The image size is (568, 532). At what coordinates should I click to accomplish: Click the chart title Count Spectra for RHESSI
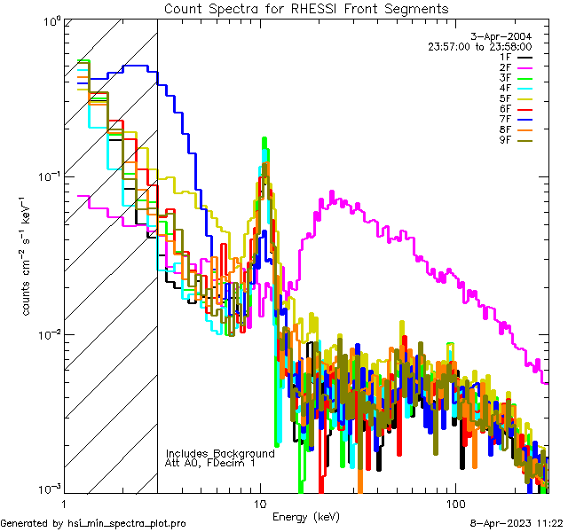pos(306,9)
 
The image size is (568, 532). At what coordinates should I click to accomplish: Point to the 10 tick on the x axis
pos(260,503)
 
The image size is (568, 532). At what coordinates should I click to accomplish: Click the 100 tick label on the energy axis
pos(454,503)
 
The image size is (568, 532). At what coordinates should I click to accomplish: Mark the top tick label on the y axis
pos(50,20)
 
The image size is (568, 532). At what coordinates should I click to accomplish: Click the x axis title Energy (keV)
pos(305,515)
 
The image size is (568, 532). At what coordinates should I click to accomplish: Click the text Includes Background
pos(220,453)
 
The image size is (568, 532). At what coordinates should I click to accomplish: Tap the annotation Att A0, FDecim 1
pos(210,463)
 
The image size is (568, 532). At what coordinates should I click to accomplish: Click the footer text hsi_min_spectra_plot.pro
pos(127,523)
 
